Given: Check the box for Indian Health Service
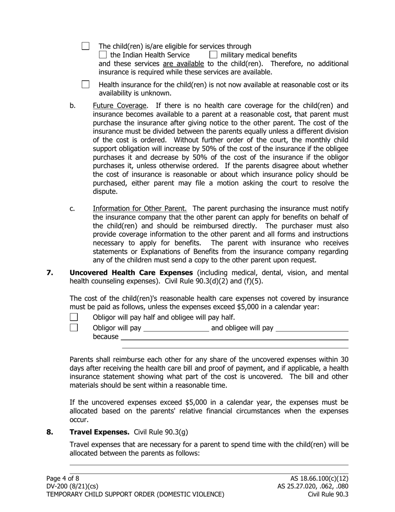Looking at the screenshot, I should [103, 55].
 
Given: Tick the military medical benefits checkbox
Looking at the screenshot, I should [213, 55].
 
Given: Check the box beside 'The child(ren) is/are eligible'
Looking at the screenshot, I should [86, 46].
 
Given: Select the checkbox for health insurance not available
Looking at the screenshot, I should [86, 85].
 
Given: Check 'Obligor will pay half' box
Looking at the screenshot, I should [74, 318].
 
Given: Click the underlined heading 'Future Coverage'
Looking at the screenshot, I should [120, 106].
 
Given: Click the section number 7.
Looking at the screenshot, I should [50, 273].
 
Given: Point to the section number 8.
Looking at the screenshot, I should [50, 432].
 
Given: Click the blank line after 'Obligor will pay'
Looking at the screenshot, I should [176, 329].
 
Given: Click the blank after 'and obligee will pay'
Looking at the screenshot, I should [312, 329].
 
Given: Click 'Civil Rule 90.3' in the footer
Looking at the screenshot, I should [328, 495].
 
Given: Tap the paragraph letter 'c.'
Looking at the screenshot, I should [73, 209].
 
